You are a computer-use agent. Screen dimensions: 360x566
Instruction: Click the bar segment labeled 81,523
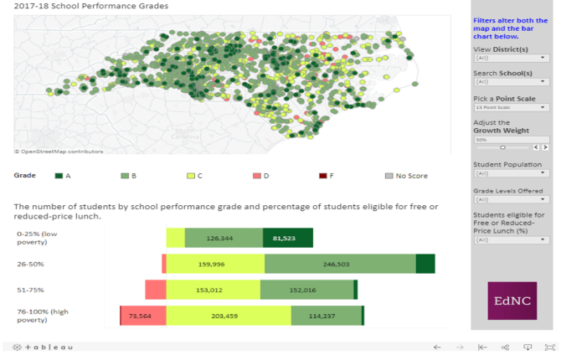point(287,238)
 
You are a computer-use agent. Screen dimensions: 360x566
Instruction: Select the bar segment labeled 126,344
point(224,238)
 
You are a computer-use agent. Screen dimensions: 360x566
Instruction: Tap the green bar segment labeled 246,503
point(340,264)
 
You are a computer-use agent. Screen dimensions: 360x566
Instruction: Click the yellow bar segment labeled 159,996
point(215,264)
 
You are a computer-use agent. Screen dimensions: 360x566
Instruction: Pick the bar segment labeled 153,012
point(213,290)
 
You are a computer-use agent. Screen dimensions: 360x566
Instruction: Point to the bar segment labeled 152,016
point(306,290)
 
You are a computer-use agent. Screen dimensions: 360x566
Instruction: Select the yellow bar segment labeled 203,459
point(229,316)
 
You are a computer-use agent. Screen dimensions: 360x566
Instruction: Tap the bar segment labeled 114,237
point(326,316)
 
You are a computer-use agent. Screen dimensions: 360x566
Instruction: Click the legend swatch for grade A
point(59,176)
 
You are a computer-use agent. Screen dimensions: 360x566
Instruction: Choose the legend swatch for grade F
point(323,176)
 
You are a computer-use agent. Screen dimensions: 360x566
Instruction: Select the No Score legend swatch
point(388,176)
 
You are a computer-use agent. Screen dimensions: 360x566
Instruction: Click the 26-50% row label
point(30,265)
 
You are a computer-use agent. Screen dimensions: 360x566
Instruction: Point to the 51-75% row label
point(30,291)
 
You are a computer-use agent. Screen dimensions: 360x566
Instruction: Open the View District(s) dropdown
point(511,58)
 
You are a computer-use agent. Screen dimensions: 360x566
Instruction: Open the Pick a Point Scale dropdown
point(511,107)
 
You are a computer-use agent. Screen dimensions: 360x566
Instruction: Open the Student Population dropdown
point(511,173)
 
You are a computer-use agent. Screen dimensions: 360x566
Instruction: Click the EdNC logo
point(512,301)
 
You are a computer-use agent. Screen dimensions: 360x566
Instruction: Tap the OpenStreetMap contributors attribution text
point(59,152)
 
